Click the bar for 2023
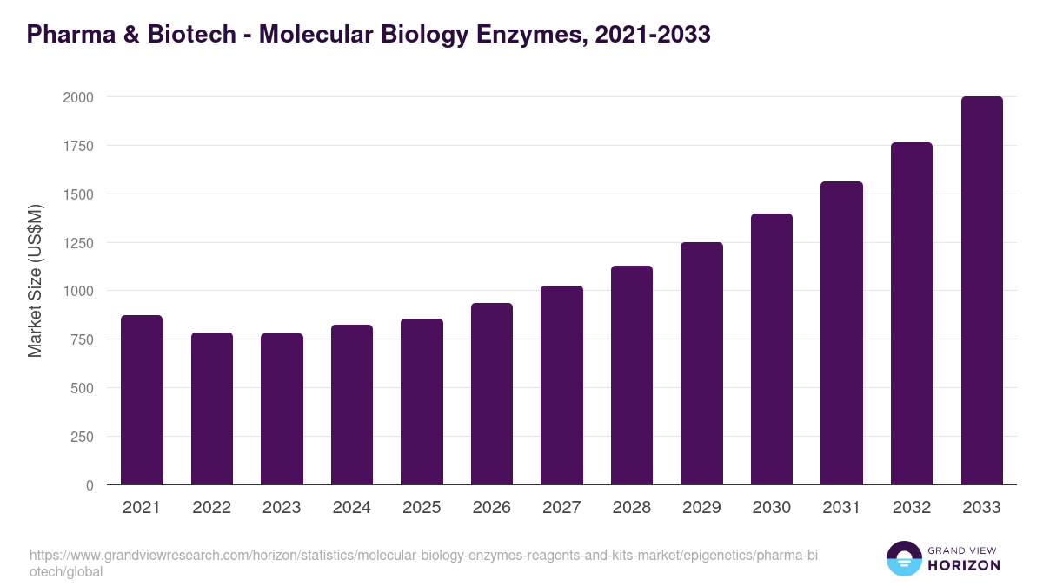click(x=282, y=409)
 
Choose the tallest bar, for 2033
click(x=981, y=290)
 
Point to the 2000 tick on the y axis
click(x=77, y=97)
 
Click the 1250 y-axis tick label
click(x=77, y=243)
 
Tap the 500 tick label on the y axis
click(x=82, y=388)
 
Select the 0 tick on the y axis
click(x=90, y=485)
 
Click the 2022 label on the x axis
click(x=211, y=508)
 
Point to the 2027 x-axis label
click(x=561, y=508)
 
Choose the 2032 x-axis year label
click(x=912, y=508)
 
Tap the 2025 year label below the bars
click(x=422, y=508)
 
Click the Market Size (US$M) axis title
click(x=35, y=280)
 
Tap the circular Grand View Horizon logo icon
click(x=904, y=558)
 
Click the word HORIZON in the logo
click(x=965, y=565)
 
